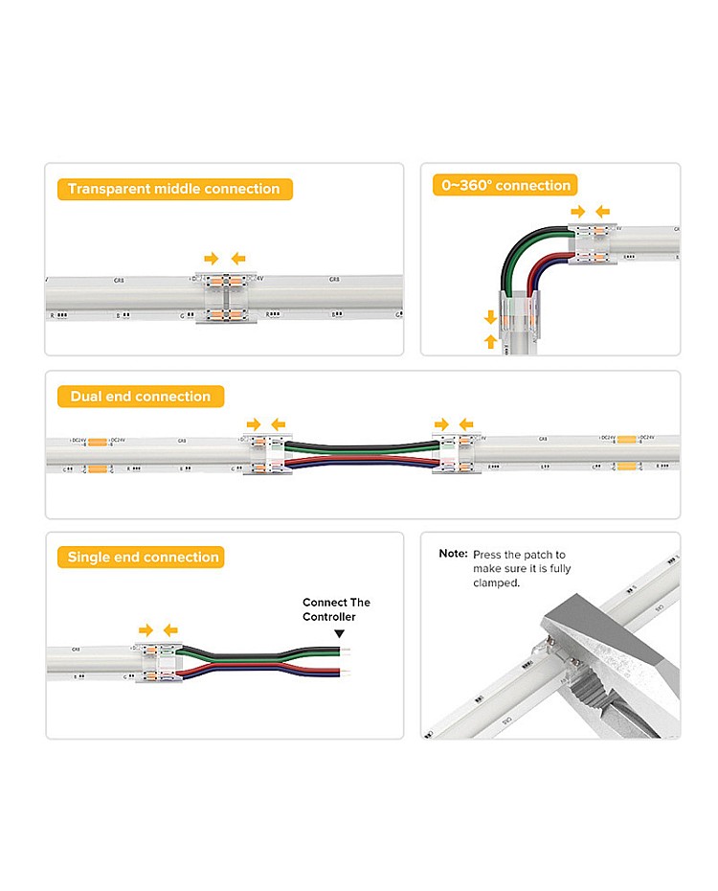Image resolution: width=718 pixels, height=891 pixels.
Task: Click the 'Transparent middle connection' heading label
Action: click(174, 189)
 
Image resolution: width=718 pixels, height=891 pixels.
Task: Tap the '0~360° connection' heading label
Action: click(505, 186)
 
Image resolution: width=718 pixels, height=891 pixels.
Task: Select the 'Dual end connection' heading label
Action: click(140, 397)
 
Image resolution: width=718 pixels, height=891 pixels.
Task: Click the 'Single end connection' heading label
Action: click(144, 558)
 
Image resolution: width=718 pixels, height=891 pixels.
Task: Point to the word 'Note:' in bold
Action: click(453, 554)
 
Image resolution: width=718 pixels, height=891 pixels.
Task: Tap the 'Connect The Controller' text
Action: click(336, 609)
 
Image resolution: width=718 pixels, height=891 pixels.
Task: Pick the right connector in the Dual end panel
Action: click(454, 453)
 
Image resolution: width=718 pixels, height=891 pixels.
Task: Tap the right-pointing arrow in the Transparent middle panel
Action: click(212, 259)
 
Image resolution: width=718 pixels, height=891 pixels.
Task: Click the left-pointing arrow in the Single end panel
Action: click(170, 629)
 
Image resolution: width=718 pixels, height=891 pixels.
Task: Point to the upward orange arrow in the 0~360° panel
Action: click(491, 340)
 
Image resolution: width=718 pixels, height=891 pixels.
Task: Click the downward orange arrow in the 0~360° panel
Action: click(491, 316)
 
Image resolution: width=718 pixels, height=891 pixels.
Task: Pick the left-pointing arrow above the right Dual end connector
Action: click(466, 423)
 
